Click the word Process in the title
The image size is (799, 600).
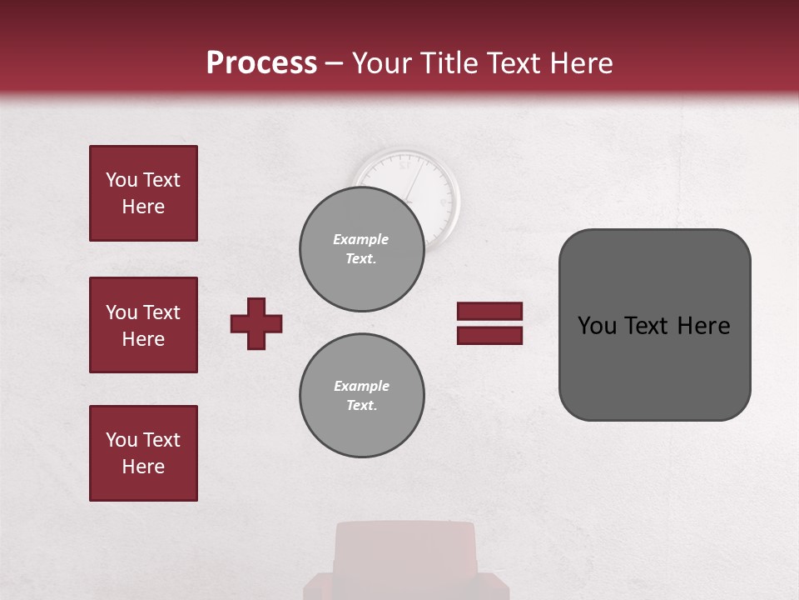click(261, 63)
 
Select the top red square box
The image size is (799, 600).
click(143, 193)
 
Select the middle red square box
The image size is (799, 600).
click(143, 325)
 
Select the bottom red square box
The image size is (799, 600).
click(143, 453)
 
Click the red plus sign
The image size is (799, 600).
click(256, 323)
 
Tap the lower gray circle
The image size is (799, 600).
click(361, 397)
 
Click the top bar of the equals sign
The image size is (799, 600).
click(489, 311)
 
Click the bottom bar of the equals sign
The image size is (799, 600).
click(489, 335)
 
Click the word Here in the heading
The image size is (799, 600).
click(582, 63)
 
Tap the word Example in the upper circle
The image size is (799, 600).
click(361, 239)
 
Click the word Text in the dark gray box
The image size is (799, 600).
click(647, 326)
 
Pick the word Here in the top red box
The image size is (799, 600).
click(143, 207)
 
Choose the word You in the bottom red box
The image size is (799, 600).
click(122, 440)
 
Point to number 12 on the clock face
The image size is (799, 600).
click(404, 165)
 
